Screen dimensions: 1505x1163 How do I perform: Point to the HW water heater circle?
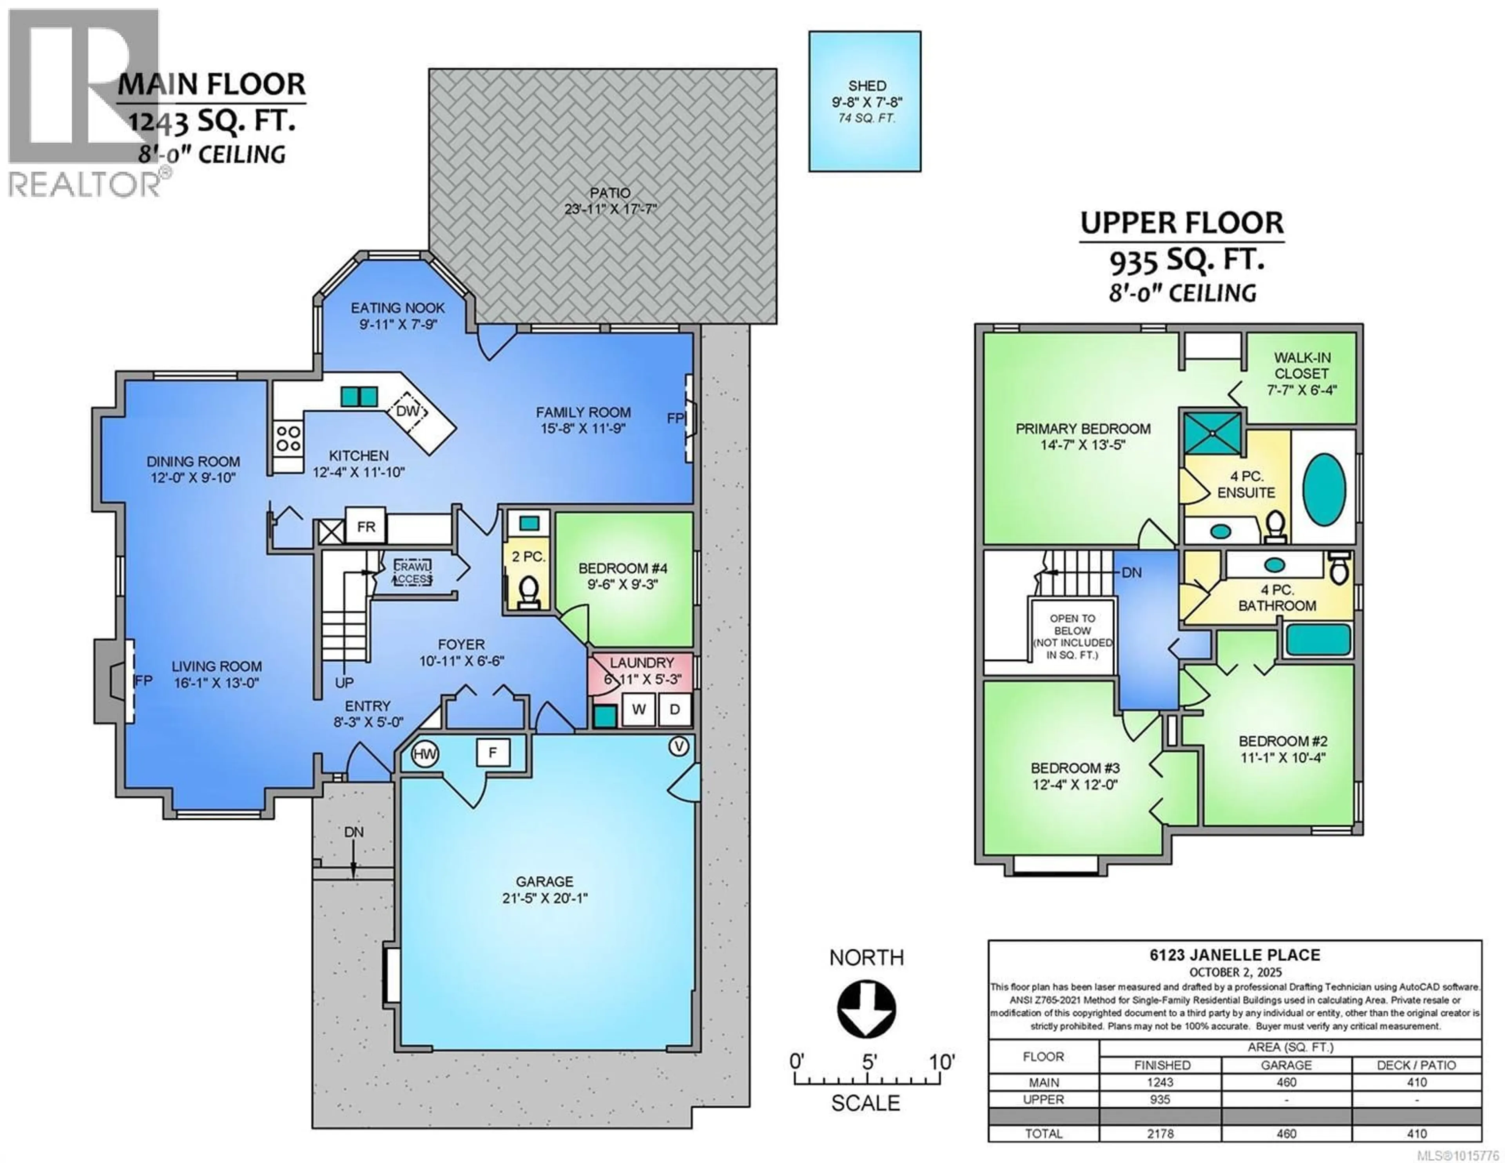click(x=424, y=753)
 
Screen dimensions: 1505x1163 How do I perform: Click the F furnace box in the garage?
click(x=493, y=752)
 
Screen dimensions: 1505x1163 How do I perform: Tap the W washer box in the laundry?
click(x=639, y=709)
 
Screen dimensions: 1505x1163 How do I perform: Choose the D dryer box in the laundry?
click(x=675, y=709)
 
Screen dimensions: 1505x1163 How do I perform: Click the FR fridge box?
click(x=366, y=527)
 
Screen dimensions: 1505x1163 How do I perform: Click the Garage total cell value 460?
click(x=1286, y=1133)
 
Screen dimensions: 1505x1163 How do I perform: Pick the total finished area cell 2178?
click(x=1160, y=1133)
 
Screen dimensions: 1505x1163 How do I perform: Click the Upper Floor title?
click(x=1182, y=223)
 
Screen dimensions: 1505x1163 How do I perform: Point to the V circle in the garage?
click(x=679, y=747)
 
